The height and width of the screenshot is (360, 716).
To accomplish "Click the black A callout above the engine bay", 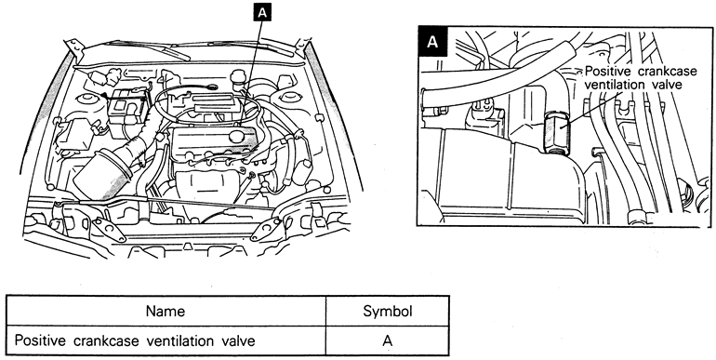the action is (261, 13).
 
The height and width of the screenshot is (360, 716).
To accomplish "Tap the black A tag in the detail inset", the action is (432, 42).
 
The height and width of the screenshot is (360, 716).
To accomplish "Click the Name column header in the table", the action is (166, 312).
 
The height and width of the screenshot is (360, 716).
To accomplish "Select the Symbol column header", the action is (388, 312).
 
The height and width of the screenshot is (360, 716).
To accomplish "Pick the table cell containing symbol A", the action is (387, 340).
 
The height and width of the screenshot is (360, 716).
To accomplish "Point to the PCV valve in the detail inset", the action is (556, 132).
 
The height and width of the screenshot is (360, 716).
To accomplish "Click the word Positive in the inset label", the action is (608, 72).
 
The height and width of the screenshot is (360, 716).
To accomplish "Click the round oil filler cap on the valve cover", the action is (237, 135).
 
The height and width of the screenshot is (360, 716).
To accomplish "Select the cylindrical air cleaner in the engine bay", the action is (99, 171).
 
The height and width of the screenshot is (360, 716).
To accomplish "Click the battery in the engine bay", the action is (127, 108).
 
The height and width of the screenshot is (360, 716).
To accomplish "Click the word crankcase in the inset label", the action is (667, 72).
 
